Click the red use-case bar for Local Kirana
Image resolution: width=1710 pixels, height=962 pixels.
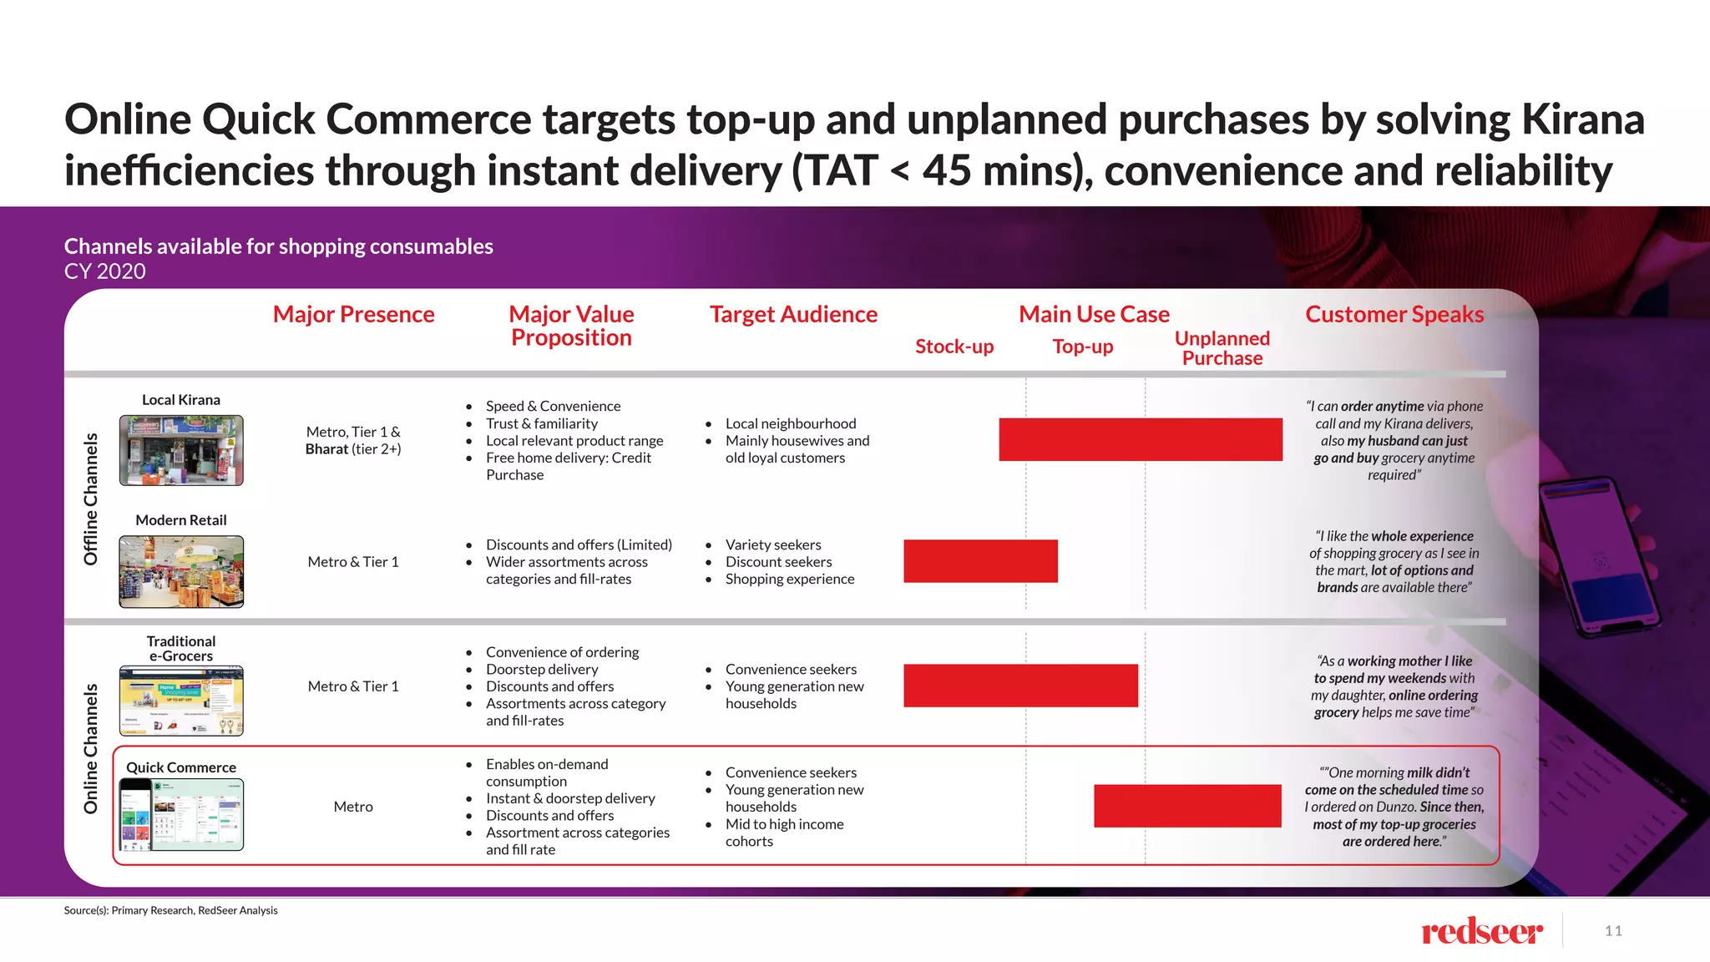(1140, 439)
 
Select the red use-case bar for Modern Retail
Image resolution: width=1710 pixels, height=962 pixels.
(980, 561)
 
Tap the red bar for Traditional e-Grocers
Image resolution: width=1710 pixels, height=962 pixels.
(1020, 686)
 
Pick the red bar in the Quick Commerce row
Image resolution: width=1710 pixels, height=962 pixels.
(1187, 806)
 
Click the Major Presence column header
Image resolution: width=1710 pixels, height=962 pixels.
(353, 315)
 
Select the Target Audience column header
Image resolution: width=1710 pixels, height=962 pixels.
(793, 315)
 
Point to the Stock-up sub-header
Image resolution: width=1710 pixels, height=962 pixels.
(954, 347)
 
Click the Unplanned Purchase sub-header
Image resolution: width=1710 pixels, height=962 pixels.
(1222, 348)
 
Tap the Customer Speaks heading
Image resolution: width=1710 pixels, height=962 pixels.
(1394, 315)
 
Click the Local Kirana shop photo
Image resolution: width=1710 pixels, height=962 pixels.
(181, 450)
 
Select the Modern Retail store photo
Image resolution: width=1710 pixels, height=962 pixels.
(181, 572)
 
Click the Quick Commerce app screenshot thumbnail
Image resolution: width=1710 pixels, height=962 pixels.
(181, 814)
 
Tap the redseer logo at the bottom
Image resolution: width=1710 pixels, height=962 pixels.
(1481, 931)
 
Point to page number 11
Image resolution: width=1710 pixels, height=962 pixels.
(1613, 931)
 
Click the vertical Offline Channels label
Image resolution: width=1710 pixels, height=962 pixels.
(90, 499)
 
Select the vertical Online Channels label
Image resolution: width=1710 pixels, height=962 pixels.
(90, 748)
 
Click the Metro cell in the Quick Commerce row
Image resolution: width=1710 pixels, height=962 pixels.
(353, 807)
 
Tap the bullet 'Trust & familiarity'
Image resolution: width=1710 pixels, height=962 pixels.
(541, 423)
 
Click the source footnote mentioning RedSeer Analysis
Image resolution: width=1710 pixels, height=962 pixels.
(170, 910)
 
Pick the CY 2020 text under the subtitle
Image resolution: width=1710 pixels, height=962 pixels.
(105, 271)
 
